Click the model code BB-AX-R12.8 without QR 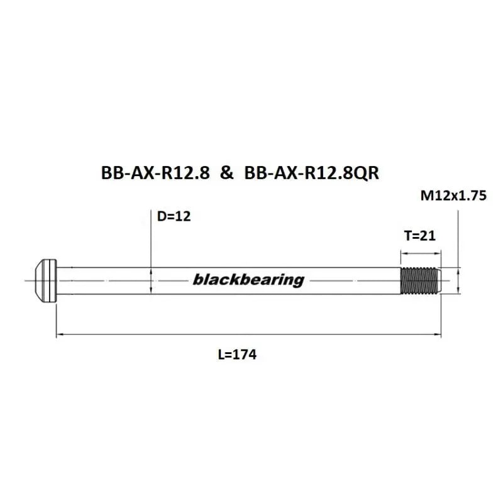coord(155,174)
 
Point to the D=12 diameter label coord(174,217)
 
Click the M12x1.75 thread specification coord(453,196)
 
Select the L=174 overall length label coord(237,355)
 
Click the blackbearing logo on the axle coord(248,280)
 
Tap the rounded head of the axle coord(44,280)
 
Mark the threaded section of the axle coord(420,280)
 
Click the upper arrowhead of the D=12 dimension coord(151,270)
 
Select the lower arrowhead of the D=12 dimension coord(151,290)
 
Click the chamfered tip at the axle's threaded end coord(441,280)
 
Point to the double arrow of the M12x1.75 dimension coord(459,280)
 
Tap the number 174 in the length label coord(245,355)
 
